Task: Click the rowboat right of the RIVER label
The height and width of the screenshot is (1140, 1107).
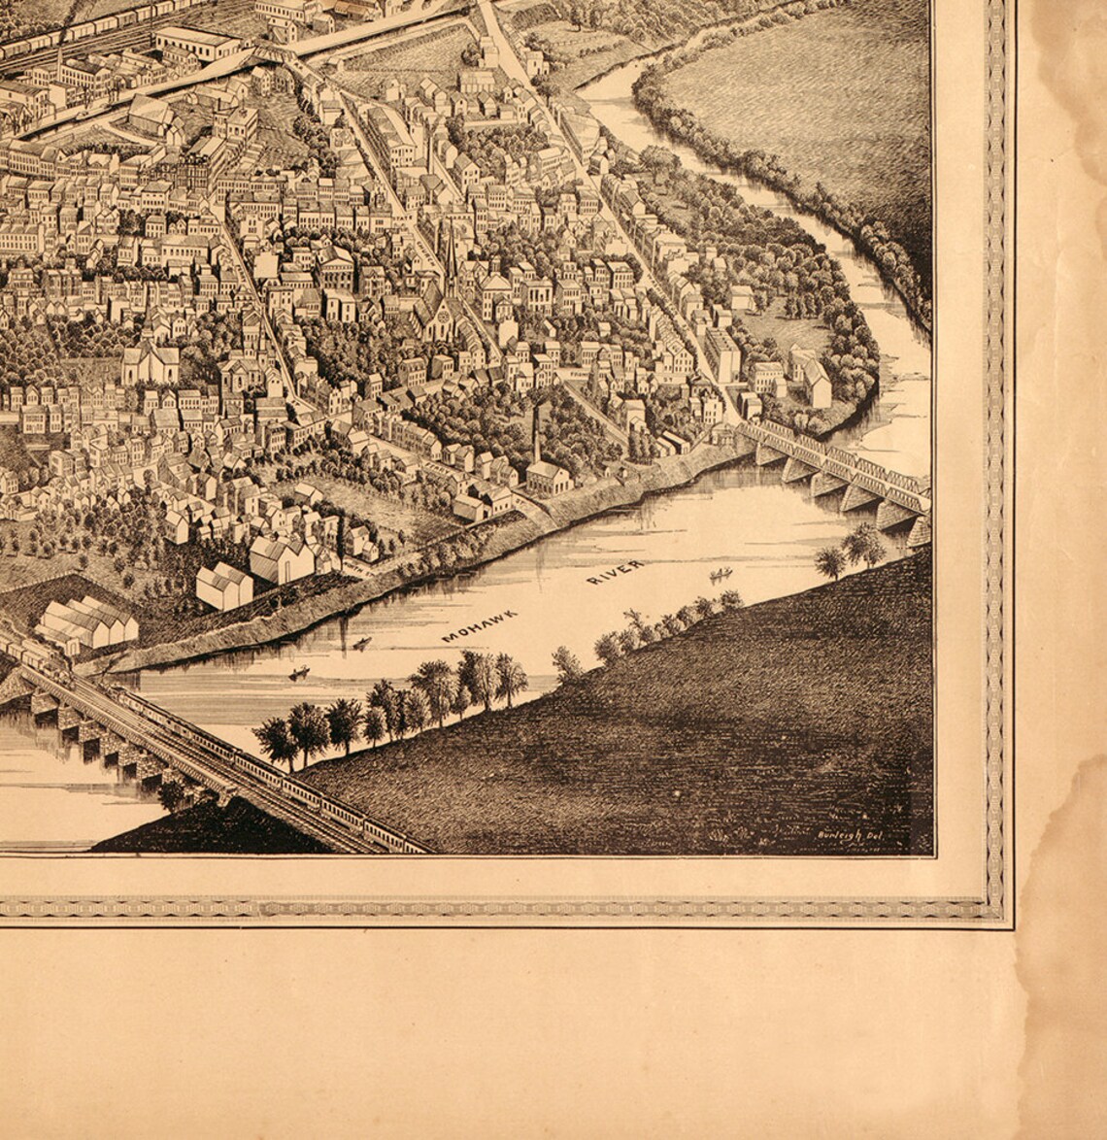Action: (720, 575)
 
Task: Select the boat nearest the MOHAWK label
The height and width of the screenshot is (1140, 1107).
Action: (361, 643)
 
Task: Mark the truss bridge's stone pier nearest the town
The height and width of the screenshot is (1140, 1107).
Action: (767, 452)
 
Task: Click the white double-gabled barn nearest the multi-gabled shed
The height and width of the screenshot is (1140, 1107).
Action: (223, 586)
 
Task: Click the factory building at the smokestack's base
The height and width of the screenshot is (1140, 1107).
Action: (549, 477)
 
